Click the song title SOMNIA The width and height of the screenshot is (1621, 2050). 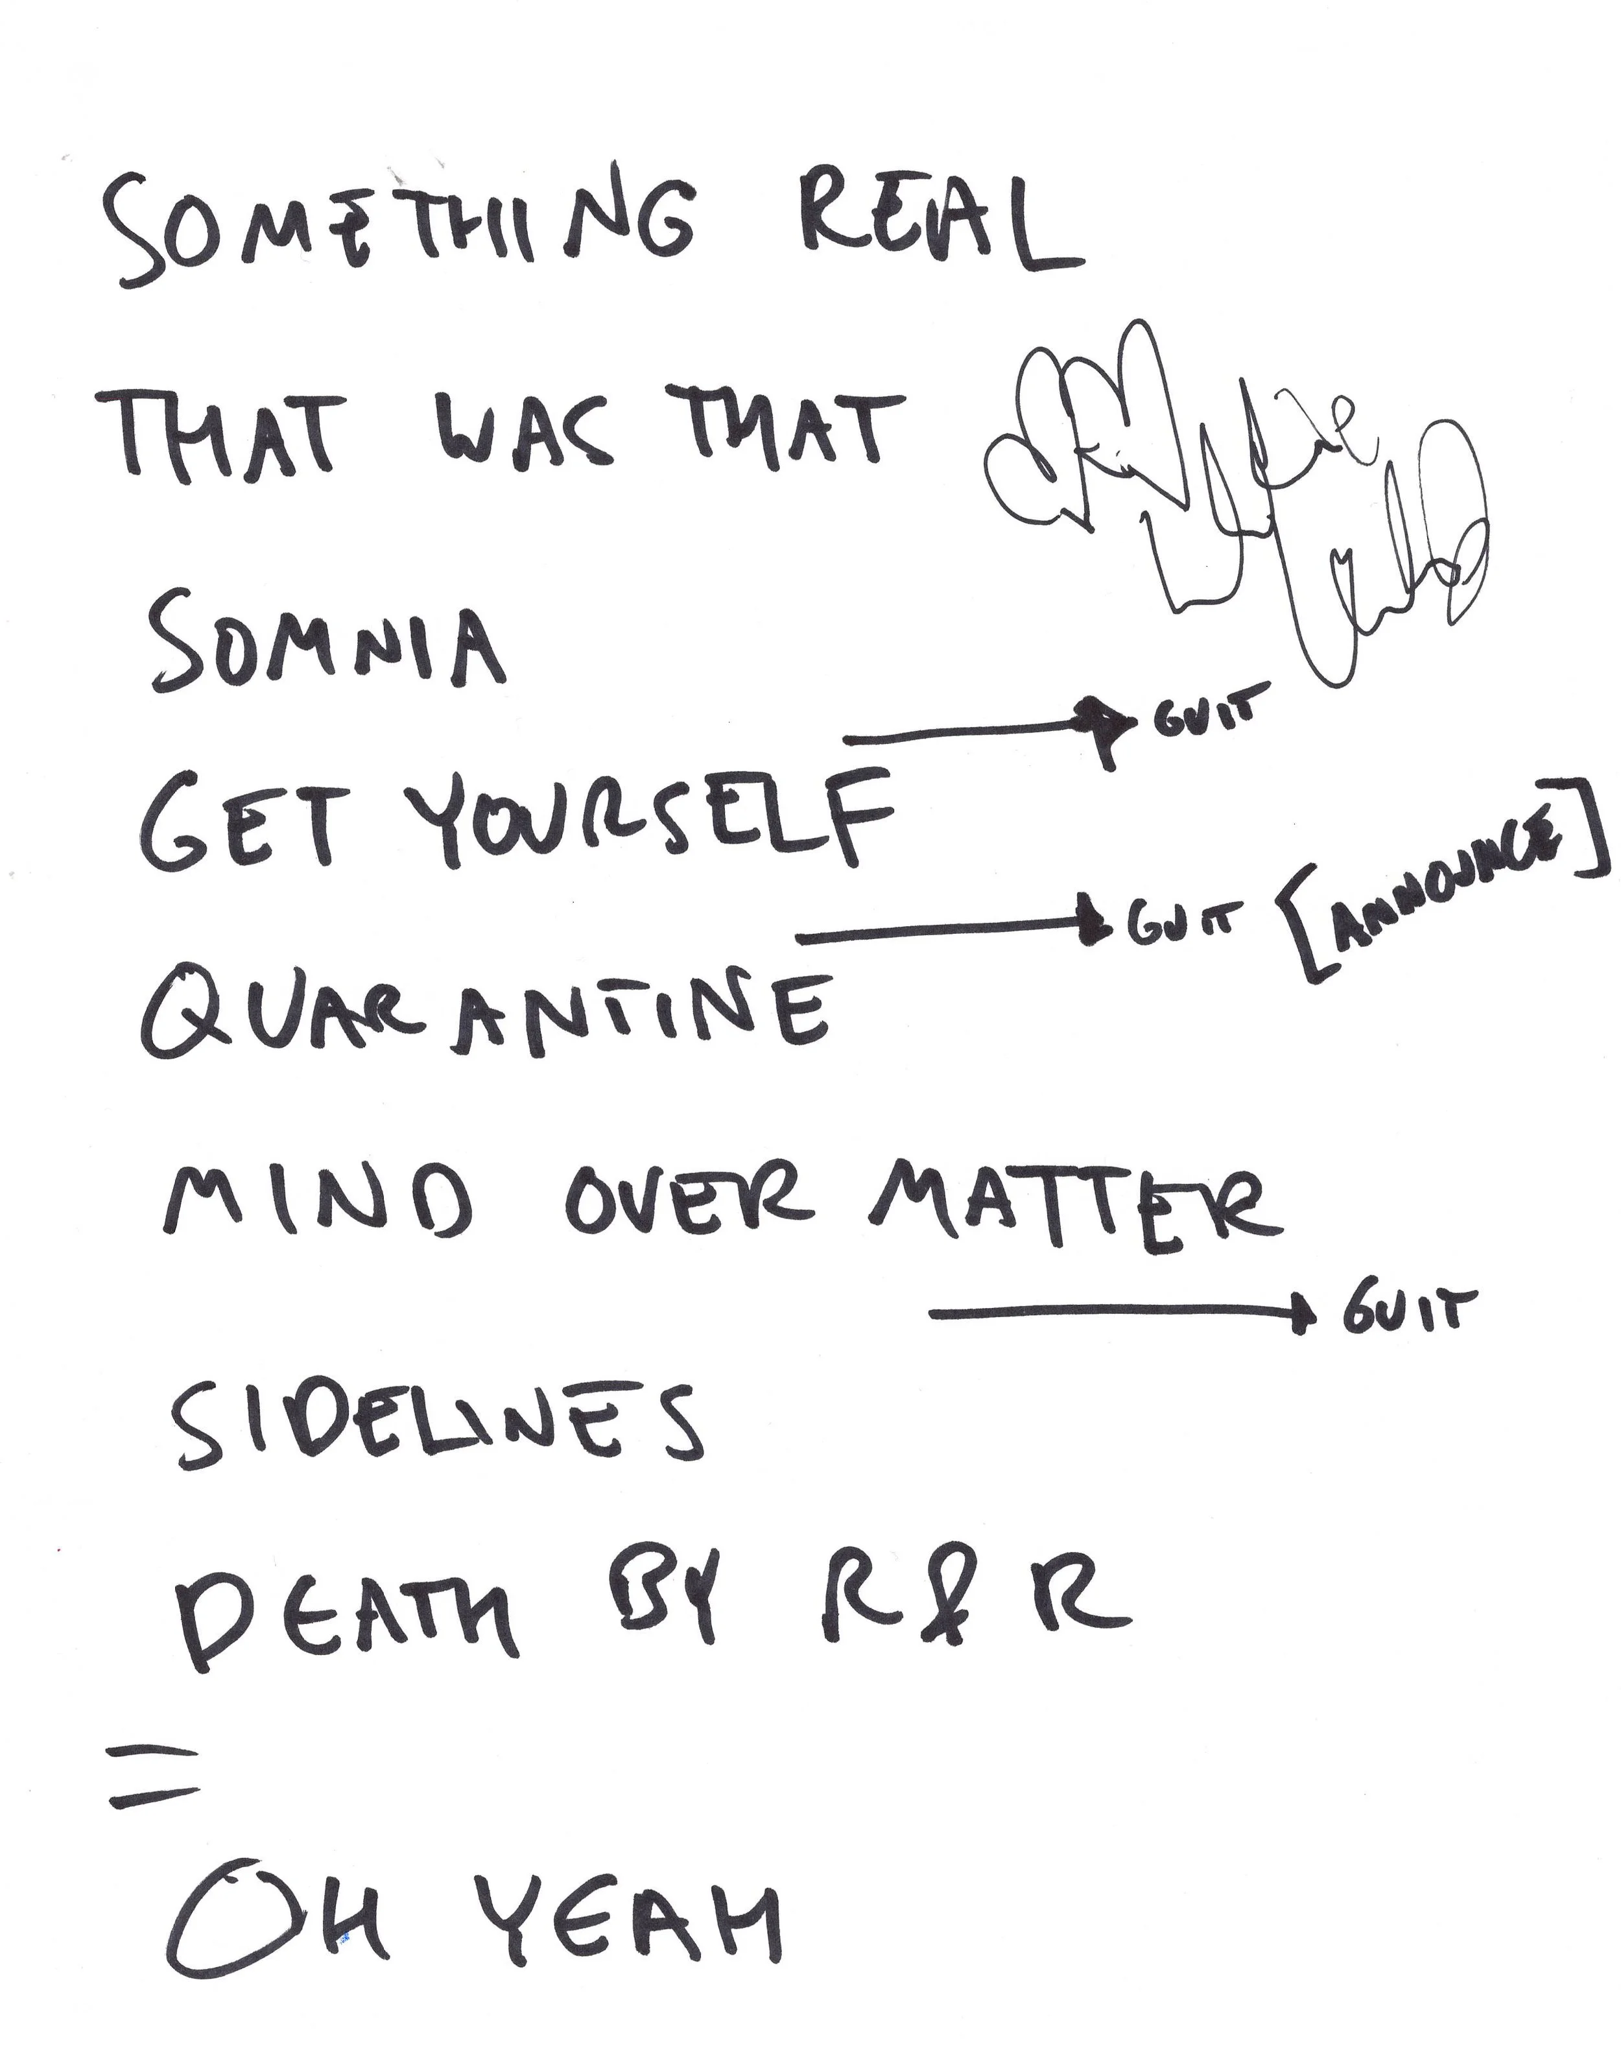[x=327, y=645]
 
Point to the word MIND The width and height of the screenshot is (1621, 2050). [x=318, y=1206]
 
